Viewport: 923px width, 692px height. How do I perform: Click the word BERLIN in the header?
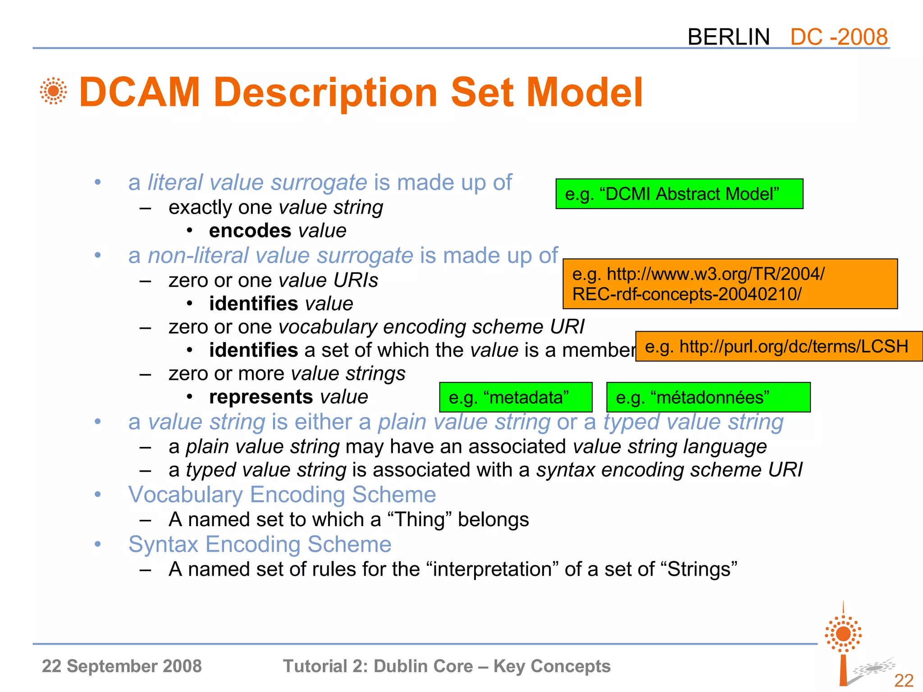728,37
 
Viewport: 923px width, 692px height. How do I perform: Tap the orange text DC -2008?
839,37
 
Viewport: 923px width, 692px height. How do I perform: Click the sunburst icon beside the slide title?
53,91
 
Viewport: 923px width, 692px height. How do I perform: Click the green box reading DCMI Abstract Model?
679,194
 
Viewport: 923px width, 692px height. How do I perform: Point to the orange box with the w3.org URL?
730,284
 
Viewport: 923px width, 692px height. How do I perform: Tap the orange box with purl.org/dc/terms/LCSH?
779,346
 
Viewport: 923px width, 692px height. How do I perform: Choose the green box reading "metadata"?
516,397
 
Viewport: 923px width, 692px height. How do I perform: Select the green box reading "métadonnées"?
708,397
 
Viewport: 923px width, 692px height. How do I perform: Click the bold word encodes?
250,231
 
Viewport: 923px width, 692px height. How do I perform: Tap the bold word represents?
261,397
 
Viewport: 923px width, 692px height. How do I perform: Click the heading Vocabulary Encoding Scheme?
282,495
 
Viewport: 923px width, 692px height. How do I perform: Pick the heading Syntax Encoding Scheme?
260,544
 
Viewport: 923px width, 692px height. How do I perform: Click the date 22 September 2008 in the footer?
122,666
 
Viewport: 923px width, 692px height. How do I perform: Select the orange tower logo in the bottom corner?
843,644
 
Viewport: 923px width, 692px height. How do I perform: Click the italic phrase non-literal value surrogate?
280,255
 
